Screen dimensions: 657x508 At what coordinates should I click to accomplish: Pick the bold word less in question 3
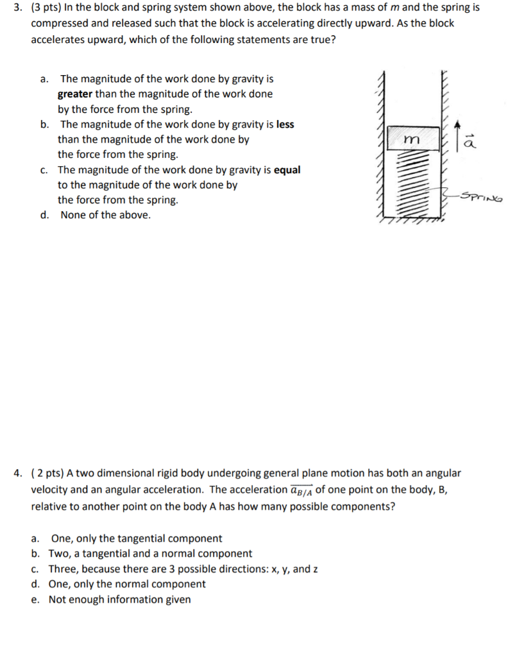(x=285, y=124)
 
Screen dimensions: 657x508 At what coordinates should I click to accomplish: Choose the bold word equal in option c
(x=287, y=170)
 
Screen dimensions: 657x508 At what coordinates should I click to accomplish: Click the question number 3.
(x=19, y=8)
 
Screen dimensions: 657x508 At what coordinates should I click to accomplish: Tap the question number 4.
(x=19, y=474)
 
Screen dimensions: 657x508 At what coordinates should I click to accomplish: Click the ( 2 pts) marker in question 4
(x=48, y=474)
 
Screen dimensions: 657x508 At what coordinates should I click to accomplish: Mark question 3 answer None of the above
(x=106, y=215)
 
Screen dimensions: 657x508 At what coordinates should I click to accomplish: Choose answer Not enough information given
(x=119, y=599)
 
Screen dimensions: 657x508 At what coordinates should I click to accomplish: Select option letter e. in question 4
(x=35, y=599)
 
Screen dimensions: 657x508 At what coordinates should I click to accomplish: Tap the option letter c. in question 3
(x=43, y=170)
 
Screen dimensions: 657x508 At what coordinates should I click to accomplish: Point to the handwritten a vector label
(x=470, y=142)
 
